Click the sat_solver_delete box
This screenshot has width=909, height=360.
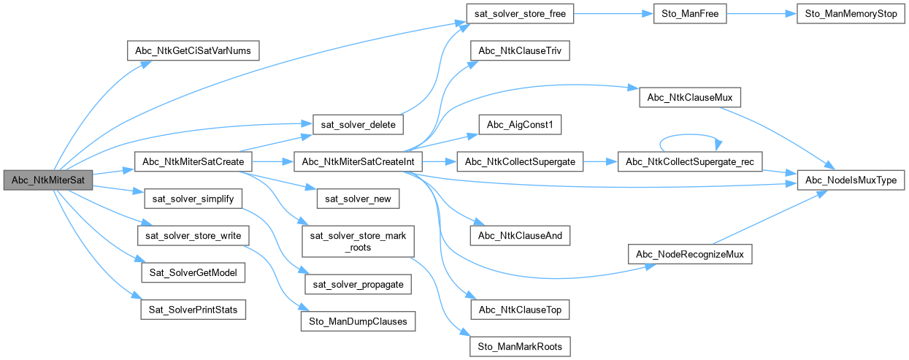354,125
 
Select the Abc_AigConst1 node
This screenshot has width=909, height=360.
519,125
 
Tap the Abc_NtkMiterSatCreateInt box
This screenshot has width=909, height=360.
357,161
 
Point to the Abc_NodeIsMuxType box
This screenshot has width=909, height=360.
849,180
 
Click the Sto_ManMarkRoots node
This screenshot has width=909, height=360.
519,346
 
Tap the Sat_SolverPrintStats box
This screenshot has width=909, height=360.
193,310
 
